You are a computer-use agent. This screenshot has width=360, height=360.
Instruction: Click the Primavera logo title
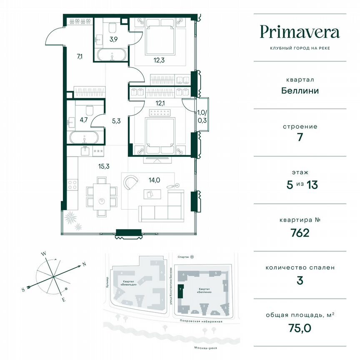[x=300, y=32]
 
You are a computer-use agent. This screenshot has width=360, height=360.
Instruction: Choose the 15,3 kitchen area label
[x=92, y=166]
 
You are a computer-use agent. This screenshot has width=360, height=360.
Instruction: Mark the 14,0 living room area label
[x=154, y=180]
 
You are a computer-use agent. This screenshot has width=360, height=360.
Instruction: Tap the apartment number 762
[x=300, y=232]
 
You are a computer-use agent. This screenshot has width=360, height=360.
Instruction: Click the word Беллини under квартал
[x=300, y=90]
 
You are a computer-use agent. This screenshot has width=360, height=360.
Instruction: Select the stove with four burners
[x=72, y=184]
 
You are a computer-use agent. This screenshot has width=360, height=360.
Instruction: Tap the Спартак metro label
[x=182, y=257]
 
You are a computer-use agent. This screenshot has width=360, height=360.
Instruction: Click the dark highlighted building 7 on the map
[x=180, y=291]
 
